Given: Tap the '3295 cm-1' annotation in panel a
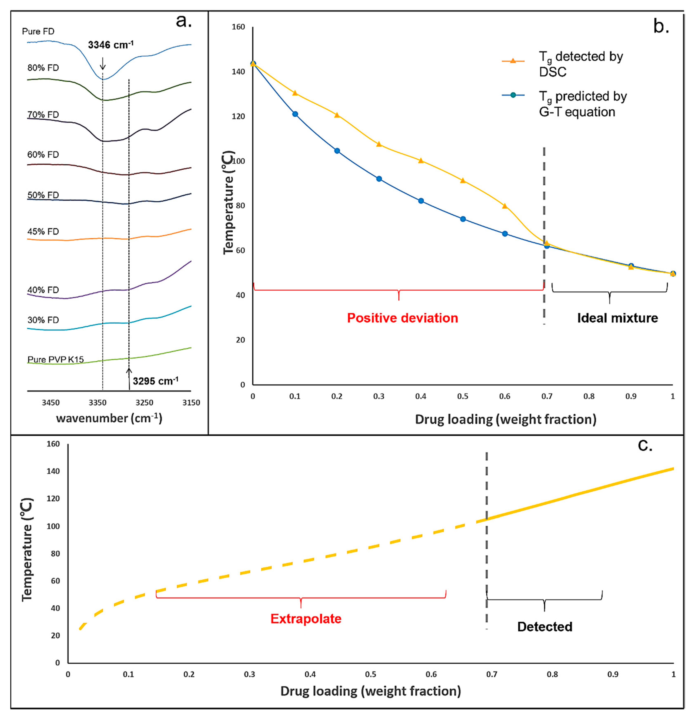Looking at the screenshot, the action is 155,381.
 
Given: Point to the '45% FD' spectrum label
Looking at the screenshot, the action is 43,232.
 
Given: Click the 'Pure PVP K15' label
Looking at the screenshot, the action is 55,359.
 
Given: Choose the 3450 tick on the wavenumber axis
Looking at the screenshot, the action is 51,402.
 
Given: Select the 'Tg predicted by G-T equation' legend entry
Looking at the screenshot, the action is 565,104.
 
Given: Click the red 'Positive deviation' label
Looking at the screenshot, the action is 402,318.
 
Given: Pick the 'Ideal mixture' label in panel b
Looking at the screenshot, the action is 617,318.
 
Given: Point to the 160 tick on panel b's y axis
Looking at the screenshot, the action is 238,27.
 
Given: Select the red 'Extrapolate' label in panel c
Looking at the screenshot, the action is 306,618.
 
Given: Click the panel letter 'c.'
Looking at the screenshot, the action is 645,445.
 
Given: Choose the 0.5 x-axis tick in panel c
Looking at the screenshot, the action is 370,674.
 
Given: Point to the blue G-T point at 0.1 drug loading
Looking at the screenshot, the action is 295,114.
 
